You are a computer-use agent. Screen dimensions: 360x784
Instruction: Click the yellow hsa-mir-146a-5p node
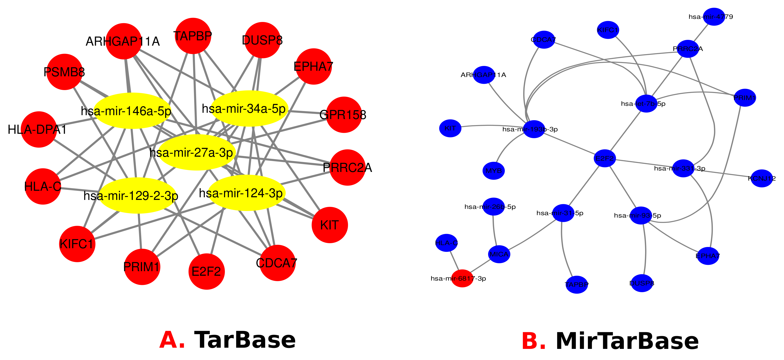(x=132, y=111)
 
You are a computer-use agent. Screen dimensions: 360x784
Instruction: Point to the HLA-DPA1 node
(x=39, y=129)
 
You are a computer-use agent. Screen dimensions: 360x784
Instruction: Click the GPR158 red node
(x=344, y=115)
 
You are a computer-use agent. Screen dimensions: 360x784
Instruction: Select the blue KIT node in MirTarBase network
(x=450, y=128)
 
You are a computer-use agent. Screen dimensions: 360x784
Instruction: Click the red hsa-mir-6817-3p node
(x=462, y=278)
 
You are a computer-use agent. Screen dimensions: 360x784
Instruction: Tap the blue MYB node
(x=493, y=171)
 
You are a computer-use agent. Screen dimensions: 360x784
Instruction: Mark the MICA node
(x=499, y=254)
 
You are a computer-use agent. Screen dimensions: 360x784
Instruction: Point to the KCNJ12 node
(x=762, y=178)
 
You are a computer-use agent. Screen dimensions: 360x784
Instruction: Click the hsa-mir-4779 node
(x=714, y=17)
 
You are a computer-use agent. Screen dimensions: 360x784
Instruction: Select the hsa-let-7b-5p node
(x=646, y=104)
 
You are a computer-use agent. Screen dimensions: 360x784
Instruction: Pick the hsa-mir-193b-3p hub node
(x=534, y=129)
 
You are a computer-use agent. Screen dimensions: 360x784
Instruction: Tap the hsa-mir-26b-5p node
(x=493, y=207)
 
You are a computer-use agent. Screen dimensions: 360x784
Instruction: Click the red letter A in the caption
(x=172, y=340)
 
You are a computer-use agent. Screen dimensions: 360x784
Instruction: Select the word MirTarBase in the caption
(x=627, y=341)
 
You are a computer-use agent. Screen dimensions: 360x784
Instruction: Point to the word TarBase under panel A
(x=245, y=340)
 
